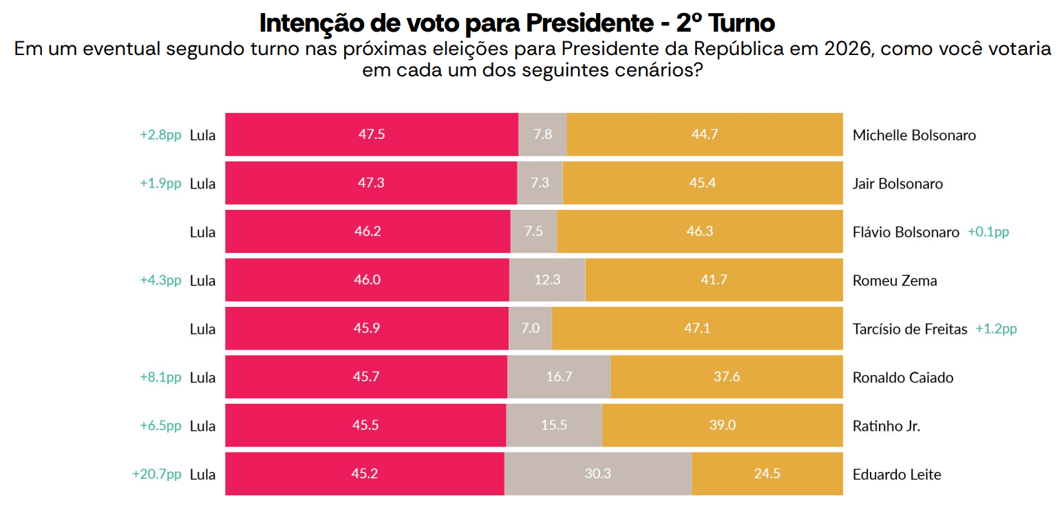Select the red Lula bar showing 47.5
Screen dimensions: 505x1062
(x=371, y=135)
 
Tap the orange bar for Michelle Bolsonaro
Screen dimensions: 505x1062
(x=704, y=135)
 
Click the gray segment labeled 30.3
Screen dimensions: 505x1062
(x=597, y=475)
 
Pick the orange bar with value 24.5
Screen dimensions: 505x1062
(x=767, y=475)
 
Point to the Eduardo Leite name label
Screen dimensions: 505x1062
(x=896, y=475)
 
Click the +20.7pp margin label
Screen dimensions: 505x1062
(x=156, y=475)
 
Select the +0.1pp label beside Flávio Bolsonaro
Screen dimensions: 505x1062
(x=988, y=232)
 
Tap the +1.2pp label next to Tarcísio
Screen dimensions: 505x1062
(x=996, y=329)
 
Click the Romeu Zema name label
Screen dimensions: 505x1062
(x=894, y=281)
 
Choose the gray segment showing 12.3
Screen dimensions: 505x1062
(x=547, y=281)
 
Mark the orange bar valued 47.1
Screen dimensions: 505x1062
(x=697, y=329)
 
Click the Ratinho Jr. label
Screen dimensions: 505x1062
(x=886, y=426)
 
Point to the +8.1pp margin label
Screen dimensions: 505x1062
(x=160, y=378)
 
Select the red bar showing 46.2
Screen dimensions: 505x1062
(x=368, y=232)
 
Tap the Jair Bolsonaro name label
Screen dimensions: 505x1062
(x=898, y=184)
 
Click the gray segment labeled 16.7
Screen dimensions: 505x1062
(x=558, y=378)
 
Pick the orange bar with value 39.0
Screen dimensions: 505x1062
(x=722, y=426)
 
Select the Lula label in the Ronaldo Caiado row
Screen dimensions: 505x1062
(x=202, y=378)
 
